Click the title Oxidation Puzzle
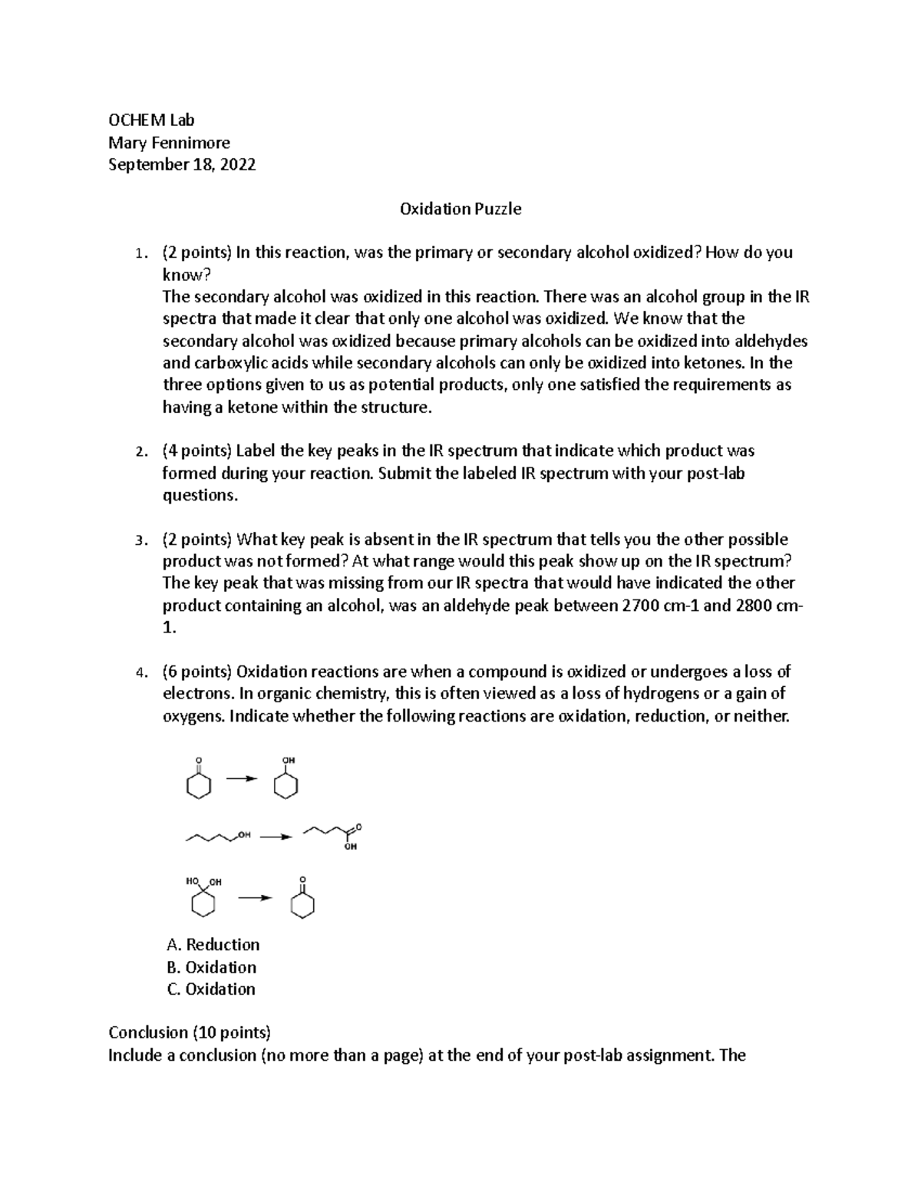tap(460, 209)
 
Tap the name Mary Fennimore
tap(169, 143)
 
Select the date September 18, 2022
tap(182, 164)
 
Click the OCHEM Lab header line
tap(151, 120)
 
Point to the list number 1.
tap(138, 253)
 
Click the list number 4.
tap(138, 673)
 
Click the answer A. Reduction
tap(213, 944)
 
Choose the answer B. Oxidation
tap(212, 967)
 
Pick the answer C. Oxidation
tap(212, 989)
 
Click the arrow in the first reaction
tap(241, 778)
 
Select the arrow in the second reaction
tap(276, 836)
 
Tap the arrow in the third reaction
tap(255, 897)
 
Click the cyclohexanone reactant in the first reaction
tap(199, 781)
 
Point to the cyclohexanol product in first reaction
tap(286, 781)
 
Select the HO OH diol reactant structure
tap(203, 898)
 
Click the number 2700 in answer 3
tap(639, 606)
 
